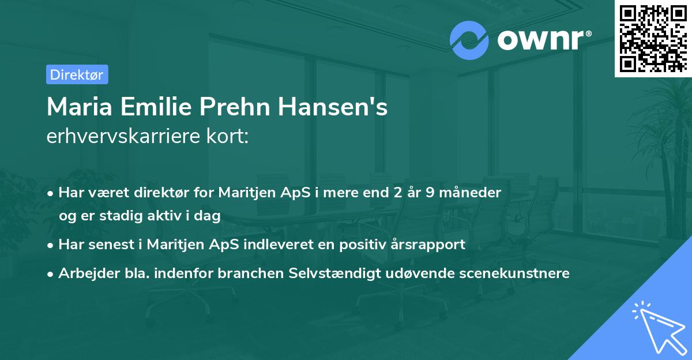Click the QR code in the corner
pyautogui.click(x=653, y=38)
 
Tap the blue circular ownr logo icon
pyautogui.click(x=469, y=40)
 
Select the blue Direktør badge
pyautogui.click(x=77, y=74)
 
